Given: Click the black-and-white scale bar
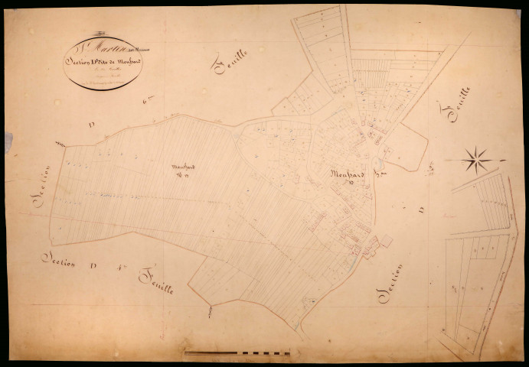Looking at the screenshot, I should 237,352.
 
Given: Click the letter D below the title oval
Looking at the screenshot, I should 90,122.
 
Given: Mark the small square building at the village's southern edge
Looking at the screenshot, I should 387,241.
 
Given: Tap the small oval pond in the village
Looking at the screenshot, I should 377,163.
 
